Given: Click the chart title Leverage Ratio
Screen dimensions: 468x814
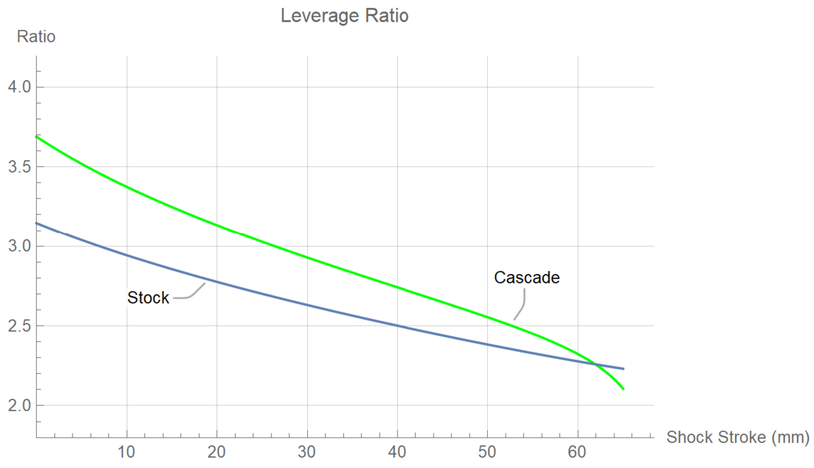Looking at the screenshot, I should (x=345, y=16).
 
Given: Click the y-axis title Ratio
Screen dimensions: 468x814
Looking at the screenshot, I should (x=36, y=37).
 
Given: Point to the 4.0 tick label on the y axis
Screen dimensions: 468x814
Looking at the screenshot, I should (x=18, y=87).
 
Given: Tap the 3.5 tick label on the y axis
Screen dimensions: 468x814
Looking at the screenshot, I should (x=18, y=167).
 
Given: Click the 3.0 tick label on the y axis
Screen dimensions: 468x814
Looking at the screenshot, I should (x=18, y=246).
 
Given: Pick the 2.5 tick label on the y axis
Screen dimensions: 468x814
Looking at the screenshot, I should (x=18, y=326).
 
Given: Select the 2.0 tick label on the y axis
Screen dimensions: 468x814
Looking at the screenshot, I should (x=18, y=406).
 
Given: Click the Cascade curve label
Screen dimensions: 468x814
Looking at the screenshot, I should (x=526, y=277).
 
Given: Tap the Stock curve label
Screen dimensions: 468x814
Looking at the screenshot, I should (x=148, y=298).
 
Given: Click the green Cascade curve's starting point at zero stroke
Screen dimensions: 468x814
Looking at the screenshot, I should (x=36, y=136).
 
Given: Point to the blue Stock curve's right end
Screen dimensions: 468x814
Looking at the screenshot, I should (x=623, y=369).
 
